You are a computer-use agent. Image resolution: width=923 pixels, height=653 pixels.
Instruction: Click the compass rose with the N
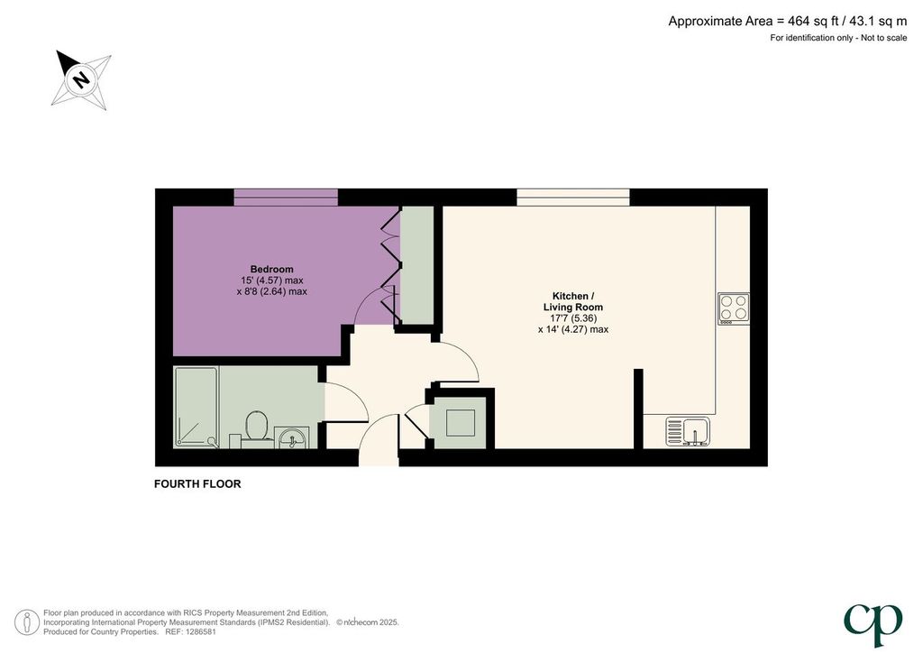[82, 79]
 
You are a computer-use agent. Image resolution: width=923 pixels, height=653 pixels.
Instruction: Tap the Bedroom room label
[271, 269]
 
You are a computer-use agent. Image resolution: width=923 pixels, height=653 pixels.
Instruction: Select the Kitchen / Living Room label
[572, 301]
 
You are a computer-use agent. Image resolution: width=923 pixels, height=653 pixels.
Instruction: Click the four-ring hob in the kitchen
[734, 308]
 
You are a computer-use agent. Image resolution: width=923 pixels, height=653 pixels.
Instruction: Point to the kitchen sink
[688, 431]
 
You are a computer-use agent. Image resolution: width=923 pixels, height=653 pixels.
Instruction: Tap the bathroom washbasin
[293, 437]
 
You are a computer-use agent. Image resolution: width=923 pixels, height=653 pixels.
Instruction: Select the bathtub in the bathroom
[196, 407]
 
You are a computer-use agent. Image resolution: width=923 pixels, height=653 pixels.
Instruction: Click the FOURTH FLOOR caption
[197, 484]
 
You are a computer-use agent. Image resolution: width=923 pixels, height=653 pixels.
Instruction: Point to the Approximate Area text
[788, 22]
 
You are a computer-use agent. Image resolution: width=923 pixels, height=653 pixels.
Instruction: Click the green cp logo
[873, 625]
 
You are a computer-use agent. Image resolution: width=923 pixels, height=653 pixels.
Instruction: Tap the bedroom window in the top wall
[286, 198]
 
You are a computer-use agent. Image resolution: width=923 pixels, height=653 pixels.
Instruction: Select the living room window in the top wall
[572, 198]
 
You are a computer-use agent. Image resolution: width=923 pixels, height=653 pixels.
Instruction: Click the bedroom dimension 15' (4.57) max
[272, 281]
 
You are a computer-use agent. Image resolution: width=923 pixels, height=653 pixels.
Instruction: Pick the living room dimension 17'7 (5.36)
[573, 318]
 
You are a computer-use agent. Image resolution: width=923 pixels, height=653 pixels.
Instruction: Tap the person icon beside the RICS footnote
[27, 622]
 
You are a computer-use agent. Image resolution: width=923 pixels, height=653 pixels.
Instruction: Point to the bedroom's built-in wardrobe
[416, 265]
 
